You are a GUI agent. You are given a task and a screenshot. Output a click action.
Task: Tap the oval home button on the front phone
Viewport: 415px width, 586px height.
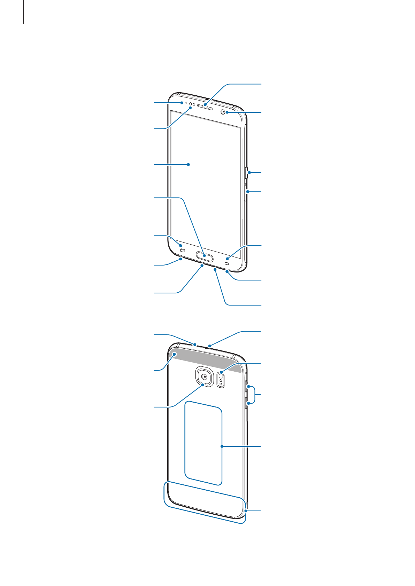click(205, 256)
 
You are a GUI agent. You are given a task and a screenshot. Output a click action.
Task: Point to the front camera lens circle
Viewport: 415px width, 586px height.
click(223, 112)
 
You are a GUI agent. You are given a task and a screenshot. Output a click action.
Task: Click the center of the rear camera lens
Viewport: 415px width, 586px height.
click(204, 377)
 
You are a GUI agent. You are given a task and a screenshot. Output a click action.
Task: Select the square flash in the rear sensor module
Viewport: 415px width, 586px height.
click(221, 375)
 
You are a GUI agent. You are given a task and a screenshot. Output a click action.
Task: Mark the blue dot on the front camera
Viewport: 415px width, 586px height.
click(226, 112)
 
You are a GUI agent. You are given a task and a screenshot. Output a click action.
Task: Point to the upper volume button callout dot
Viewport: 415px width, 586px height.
click(248, 387)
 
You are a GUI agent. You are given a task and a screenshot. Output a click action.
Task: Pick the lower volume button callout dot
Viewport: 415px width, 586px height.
click(248, 403)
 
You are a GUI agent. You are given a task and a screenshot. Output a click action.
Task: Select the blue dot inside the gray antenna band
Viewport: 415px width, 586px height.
click(175, 355)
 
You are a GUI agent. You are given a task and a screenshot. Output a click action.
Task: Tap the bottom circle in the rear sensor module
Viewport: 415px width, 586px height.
click(221, 384)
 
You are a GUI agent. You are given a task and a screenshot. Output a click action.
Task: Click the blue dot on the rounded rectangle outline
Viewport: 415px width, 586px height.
click(222, 446)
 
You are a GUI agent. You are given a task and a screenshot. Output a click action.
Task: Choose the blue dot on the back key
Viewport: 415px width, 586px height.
click(227, 259)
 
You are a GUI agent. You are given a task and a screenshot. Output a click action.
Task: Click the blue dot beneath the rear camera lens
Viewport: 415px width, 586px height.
click(202, 385)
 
